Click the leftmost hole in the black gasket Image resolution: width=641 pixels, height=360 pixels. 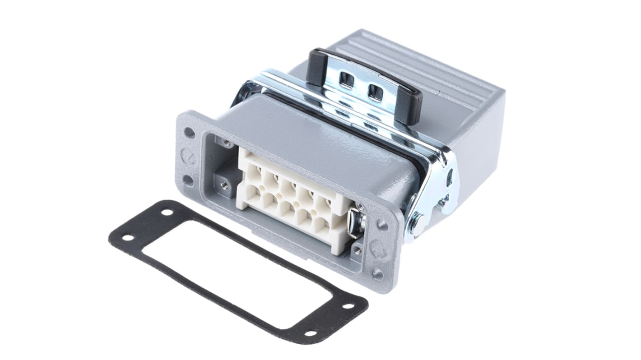pyautogui.click(x=128, y=238)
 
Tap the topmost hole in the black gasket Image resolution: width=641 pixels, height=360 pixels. pyautogui.click(x=167, y=212)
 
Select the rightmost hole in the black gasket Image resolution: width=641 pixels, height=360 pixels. pyautogui.click(x=348, y=306)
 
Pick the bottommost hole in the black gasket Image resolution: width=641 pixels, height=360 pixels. pyautogui.click(x=311, y=333)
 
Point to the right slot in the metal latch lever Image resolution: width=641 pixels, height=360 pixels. pyautogui.click(x=375, y=92)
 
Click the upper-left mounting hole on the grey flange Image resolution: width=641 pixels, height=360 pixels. pyautogui.click(x=190, y=133)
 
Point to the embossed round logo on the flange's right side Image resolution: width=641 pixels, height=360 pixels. pyautogui.click(x=377, y=249)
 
